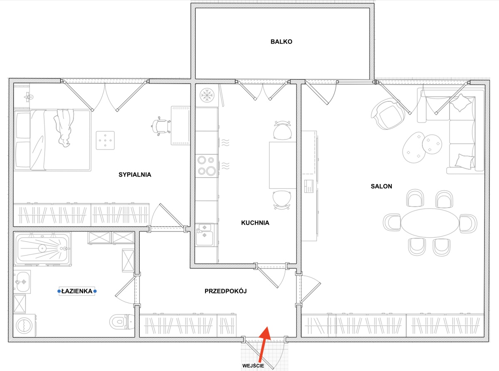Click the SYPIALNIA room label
pyautogui.click(x=135, y=175)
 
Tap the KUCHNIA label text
pyautogui.click(x=255, y=223)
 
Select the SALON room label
pyautogui.click(x=381, y=186)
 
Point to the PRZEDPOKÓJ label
pyautogui.click(x=226, y=291)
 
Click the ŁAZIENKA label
pyautogui.click(x=77, y=291)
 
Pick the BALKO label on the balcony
pyautogui.click(x=281, y=42)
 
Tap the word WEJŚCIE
pyautogui.click(x=253, y=366)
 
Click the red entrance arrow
pyautogui.click(x=263, y=344)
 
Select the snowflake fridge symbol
pyautogui.click(x=207, y=95)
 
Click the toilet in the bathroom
pyautogui.click(x=122, y=322)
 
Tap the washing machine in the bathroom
pyautogui.click(x=24, y=326)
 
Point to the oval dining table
pyautogui.click(x=430, y=223)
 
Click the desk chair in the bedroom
pyautogui.click(x=161, y=126)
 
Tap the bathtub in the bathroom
pyautogui.click(x=42, y=249)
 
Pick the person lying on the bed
pyautogui.click(x=64, y=128)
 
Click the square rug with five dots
pyautogui.click(x=105, y=140)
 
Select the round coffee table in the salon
pyautogui.click(x=432, y=144)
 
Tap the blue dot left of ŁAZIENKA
pyautogui.click(x=59, y=291)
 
